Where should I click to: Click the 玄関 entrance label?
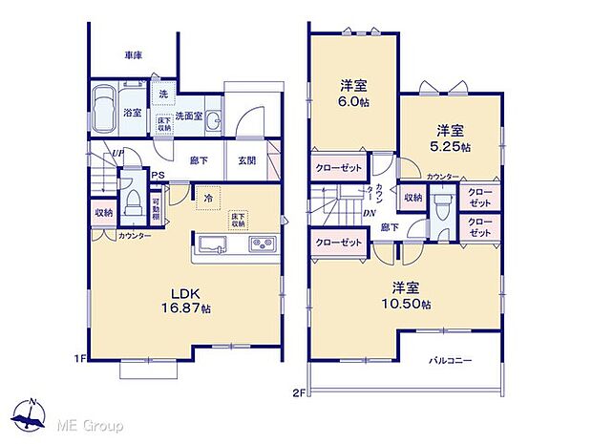(x=245, y=160)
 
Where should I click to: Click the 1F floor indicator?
(x=81, y=359)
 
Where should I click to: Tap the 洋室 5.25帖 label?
(x=449, y=138)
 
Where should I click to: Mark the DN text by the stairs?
(x=369, y=212)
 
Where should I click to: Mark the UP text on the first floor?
(x=116, y=153)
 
